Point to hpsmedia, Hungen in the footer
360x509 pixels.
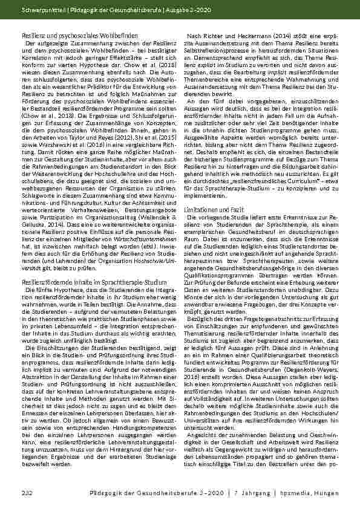(x=324, y=494)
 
